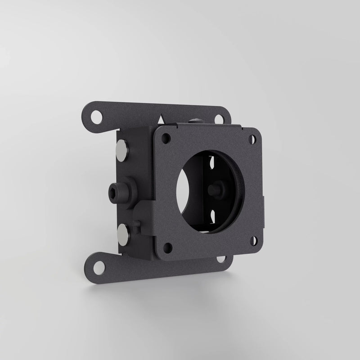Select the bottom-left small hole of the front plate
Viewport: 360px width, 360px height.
point(168,247)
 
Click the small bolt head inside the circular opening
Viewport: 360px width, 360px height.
point(217,190)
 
